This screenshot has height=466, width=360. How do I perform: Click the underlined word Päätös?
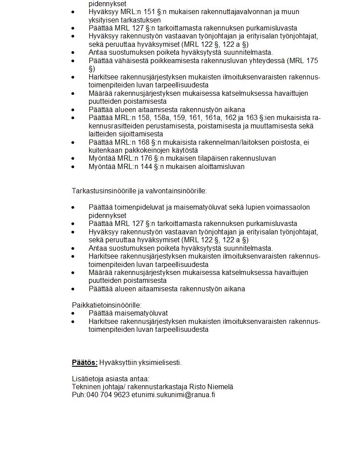pos(84,363)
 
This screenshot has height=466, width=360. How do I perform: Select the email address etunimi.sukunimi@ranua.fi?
pos(173,395)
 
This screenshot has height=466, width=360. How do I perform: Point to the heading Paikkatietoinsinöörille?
pos(106,305)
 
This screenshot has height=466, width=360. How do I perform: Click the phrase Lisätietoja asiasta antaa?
pos(111,379)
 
